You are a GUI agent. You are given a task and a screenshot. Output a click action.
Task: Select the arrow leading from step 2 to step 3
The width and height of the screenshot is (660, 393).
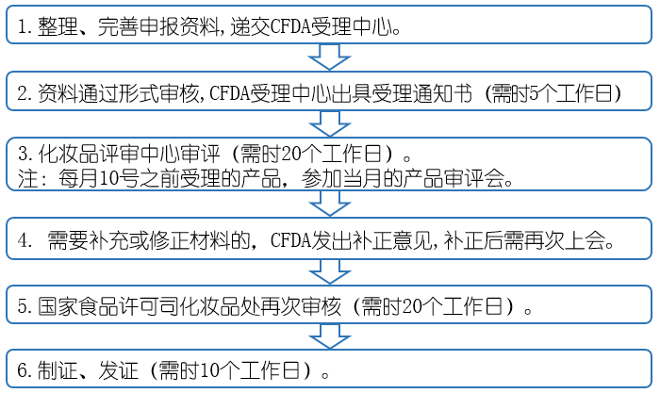click(x=329, y=122)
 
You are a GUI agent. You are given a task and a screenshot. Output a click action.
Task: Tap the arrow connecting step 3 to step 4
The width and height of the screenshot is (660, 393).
click(x=329, y=204)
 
